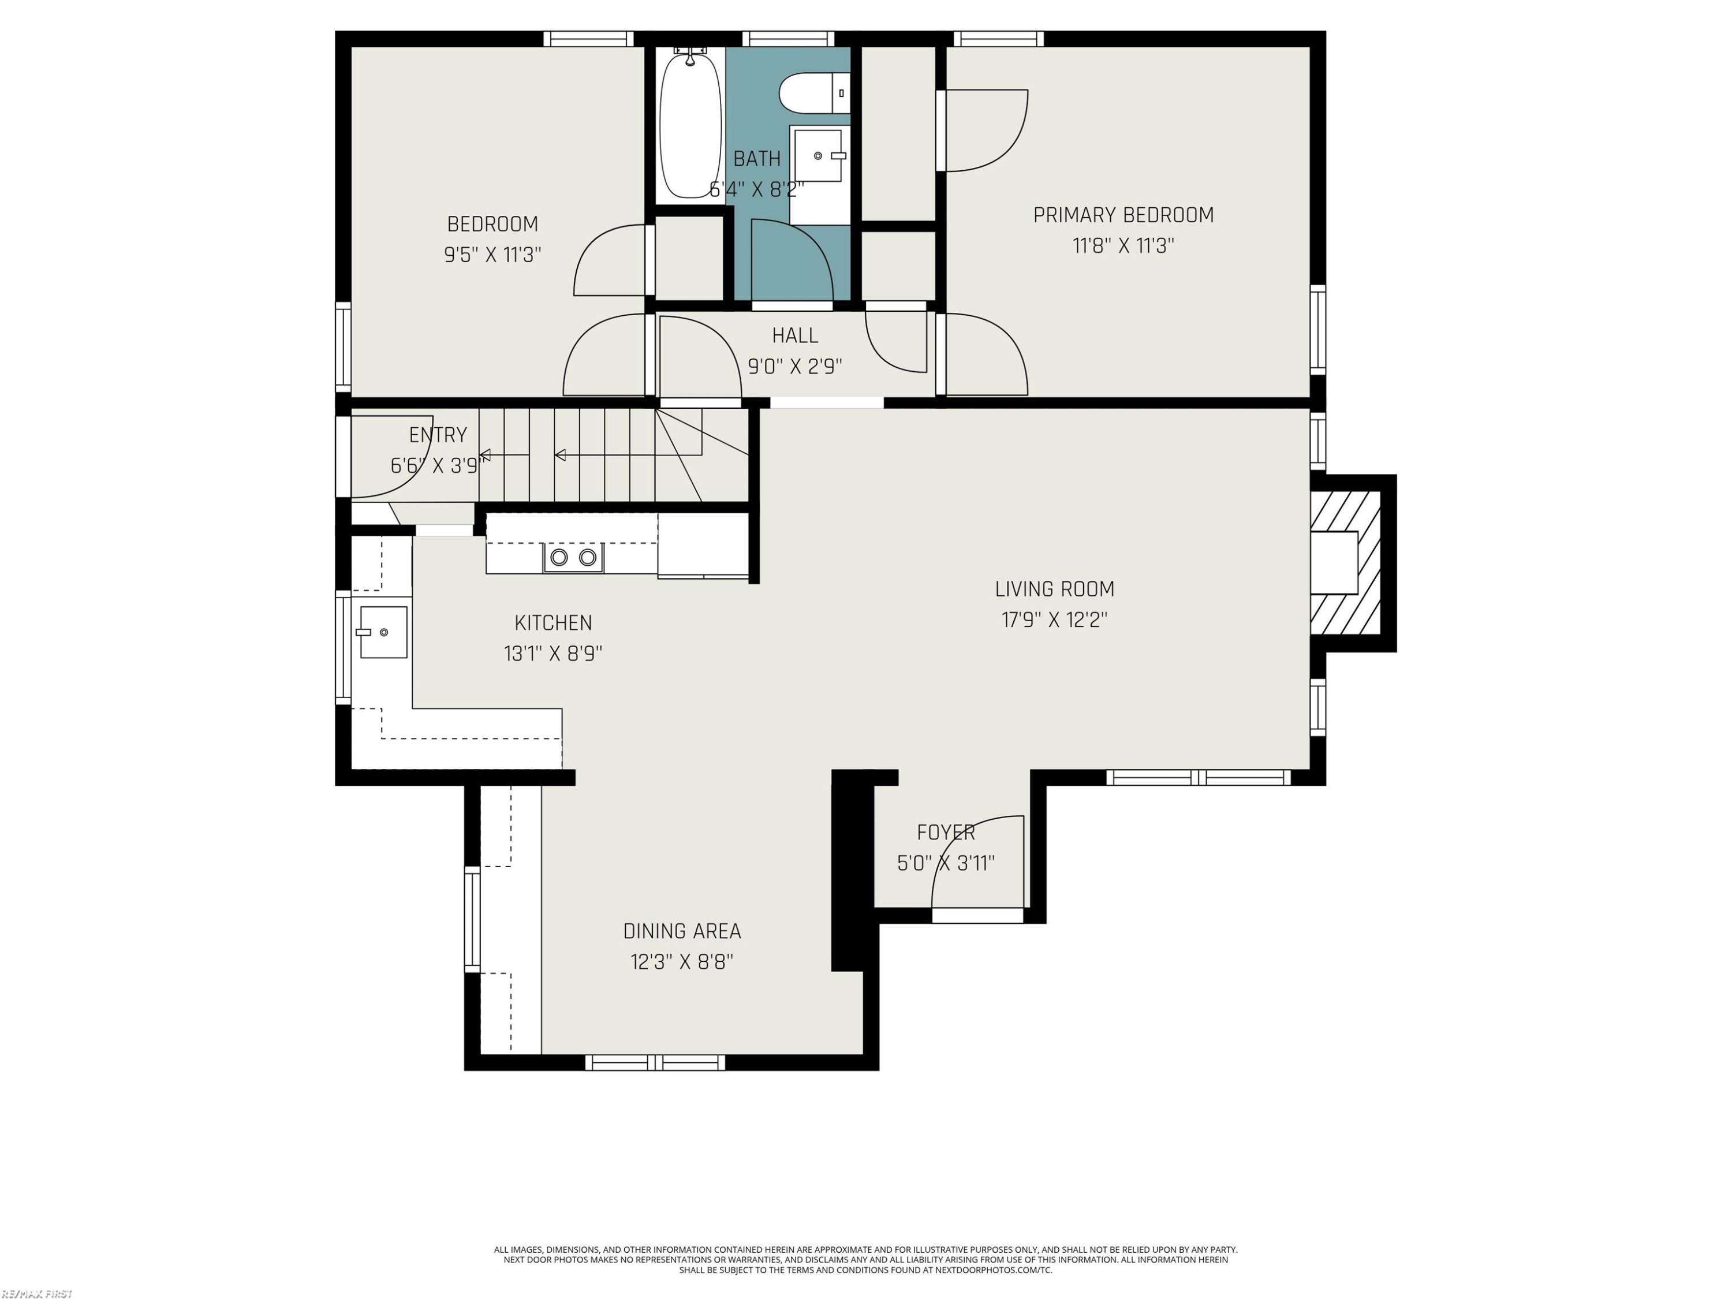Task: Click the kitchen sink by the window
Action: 383,632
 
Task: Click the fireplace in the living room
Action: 1345,563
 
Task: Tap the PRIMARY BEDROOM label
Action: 1123,215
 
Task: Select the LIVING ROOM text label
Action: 1054,589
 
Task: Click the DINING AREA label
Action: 682,931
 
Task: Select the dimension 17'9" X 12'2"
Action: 1054,620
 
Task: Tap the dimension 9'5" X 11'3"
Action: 492,255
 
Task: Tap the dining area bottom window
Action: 655,1062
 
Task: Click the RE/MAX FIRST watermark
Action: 37,1294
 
